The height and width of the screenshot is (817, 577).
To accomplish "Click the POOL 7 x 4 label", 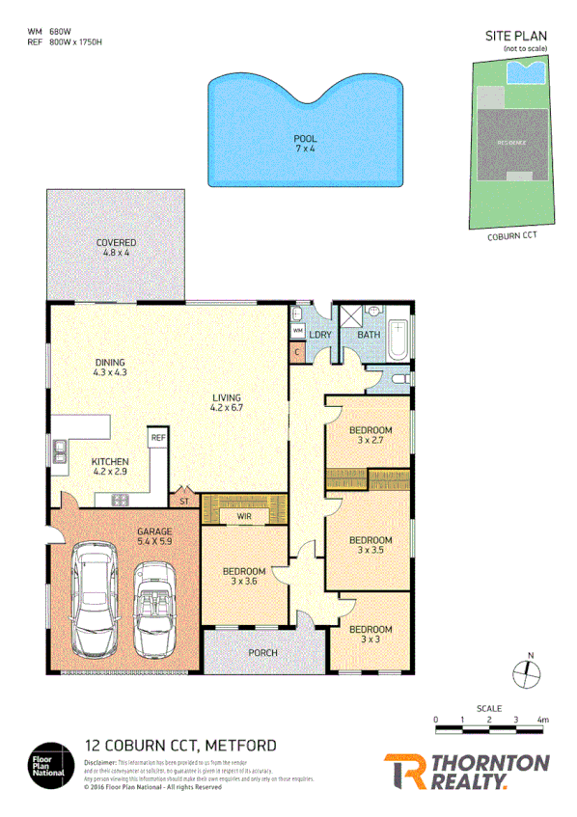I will click(x=305, y=144).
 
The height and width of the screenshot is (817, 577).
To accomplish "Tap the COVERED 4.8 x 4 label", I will click(x=116, y=248).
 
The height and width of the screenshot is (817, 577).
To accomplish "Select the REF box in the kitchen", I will click(x=157, y=437).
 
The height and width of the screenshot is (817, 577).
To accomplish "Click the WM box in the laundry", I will click(x=297, y=331).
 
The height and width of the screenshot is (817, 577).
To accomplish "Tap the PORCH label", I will click(x=262, y=653).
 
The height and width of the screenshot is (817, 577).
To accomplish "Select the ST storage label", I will click(x=183, y=502).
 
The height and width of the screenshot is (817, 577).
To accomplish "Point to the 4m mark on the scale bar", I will click(x=543, y=720).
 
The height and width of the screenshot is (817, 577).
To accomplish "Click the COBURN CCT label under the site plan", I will click(x=513, y=234).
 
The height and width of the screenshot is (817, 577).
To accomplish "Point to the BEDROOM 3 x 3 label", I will click(x=371, y=634).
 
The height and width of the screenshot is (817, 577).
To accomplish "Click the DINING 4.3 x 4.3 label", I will click(x=110, y=367).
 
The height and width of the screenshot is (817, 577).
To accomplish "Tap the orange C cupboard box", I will click(x=297, y=351).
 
